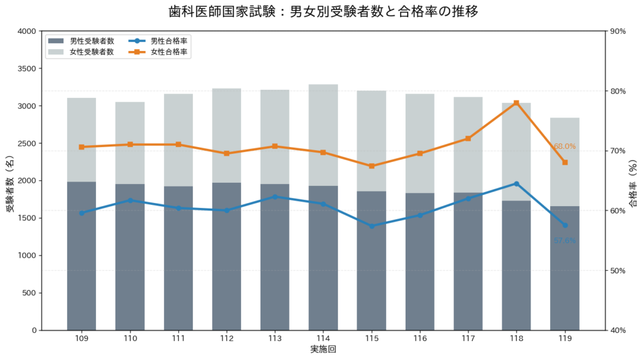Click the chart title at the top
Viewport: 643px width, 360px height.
coord(321,11)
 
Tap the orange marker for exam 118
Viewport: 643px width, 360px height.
coord(516,102)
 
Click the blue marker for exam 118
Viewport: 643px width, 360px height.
coord(516,183)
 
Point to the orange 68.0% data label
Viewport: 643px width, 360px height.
coord(565,146)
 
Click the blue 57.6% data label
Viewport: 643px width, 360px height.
coord(565,241)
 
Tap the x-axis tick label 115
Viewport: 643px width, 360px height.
coord(372,339)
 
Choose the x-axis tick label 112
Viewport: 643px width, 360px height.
coord(227,339)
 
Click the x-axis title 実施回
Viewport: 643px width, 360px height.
coord(323,349)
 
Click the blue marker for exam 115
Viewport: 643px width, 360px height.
coord(372,226)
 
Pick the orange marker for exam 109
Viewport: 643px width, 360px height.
coord(82,147)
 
